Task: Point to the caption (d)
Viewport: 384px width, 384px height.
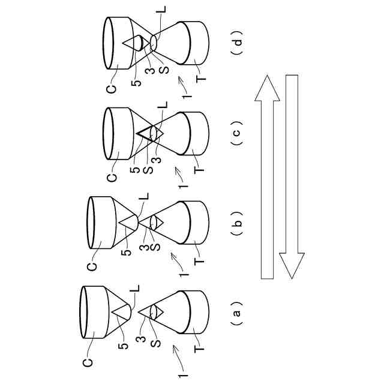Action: pyautogui.click(x=236, y=44)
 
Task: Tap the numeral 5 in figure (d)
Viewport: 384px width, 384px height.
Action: pyautogui.click(x=139, y=81)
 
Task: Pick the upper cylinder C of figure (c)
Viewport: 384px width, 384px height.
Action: pyautogui.click(x=118, y=133)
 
